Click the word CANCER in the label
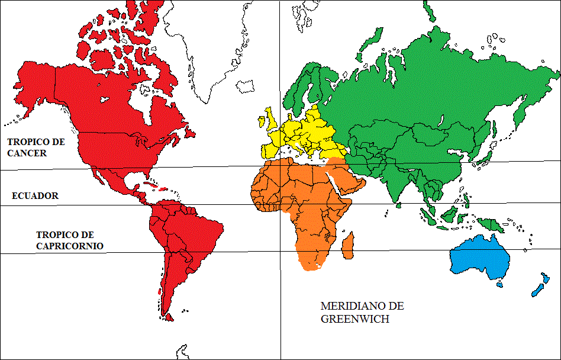pyautogui.click(x=27, y=153)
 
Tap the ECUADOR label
pyautogui.click(x=36, y=196)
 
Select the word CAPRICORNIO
pyautogui.click(x=70, y=246)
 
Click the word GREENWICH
pyautogui.click(x=354, y=319)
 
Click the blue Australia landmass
pyautogui.click(x=480, y=258)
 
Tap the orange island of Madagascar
pyautogui.click(x=349, y=246)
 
